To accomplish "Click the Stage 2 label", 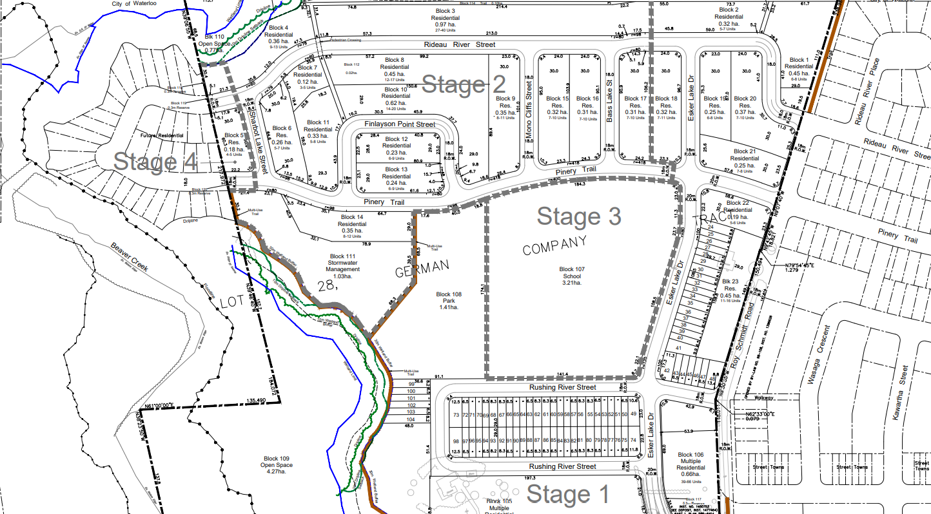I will tap(464, 85).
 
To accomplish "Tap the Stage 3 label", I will tap(579, 216).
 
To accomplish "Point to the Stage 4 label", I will tap(155, 162).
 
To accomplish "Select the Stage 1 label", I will tap(567, 495).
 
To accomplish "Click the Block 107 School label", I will tap(571, 276).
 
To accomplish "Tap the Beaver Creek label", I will tap(130, 256).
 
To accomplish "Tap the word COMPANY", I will tap(554, 245).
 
